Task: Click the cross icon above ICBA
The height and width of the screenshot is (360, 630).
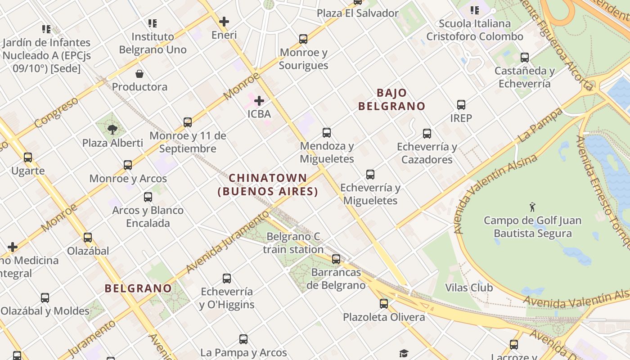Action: [x=259, y=101]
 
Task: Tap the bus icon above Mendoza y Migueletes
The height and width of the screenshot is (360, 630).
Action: [x=327, y=133]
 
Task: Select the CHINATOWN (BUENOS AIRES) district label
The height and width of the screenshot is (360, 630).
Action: [x=268, y=185]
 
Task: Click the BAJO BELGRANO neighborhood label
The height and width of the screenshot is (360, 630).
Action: [x=391, y=100]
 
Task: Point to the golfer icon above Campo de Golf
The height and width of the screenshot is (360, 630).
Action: [x=533, y=207]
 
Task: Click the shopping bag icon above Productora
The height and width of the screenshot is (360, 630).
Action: [x=139, y=74]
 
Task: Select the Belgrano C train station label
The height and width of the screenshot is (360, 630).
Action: [x=293, y=243]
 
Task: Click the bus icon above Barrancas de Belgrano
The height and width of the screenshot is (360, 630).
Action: [x=336, y=259]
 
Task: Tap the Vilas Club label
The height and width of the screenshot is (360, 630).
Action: [x=468, y=288]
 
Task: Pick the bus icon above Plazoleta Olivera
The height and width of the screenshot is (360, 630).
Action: [x=384, y=304]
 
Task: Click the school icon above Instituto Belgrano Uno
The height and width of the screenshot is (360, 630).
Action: [x=153, y=23]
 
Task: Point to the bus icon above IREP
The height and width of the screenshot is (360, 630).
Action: [x=461, y=105]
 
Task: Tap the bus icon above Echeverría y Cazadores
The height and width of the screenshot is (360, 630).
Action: [x=427, y=134]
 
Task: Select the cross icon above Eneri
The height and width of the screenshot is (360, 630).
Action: [x=224, y=22]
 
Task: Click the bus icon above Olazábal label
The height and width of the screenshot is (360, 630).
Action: [x=88, y=238]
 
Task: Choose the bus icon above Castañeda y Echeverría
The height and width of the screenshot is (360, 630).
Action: [x=525, y=58]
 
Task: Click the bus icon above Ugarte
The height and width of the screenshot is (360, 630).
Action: [x=28, y=157]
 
